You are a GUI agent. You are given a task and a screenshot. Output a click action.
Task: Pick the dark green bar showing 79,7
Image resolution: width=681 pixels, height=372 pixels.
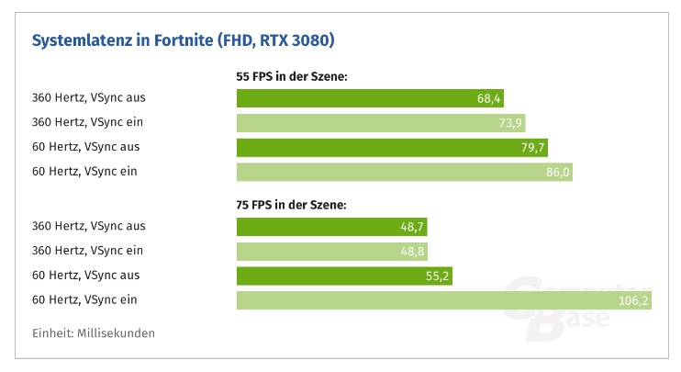[376, 147]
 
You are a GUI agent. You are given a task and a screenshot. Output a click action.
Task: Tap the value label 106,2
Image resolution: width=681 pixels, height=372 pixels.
[632, 300]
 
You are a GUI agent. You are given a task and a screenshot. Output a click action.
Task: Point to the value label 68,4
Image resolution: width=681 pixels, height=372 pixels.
[489, 98]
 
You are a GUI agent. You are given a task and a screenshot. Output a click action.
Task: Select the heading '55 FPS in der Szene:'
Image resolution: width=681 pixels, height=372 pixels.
[291, 77]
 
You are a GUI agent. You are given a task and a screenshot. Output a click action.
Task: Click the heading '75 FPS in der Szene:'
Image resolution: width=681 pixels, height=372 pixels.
[291, 206]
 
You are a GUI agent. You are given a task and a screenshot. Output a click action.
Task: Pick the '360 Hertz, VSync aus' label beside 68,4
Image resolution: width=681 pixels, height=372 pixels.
[88, 97]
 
